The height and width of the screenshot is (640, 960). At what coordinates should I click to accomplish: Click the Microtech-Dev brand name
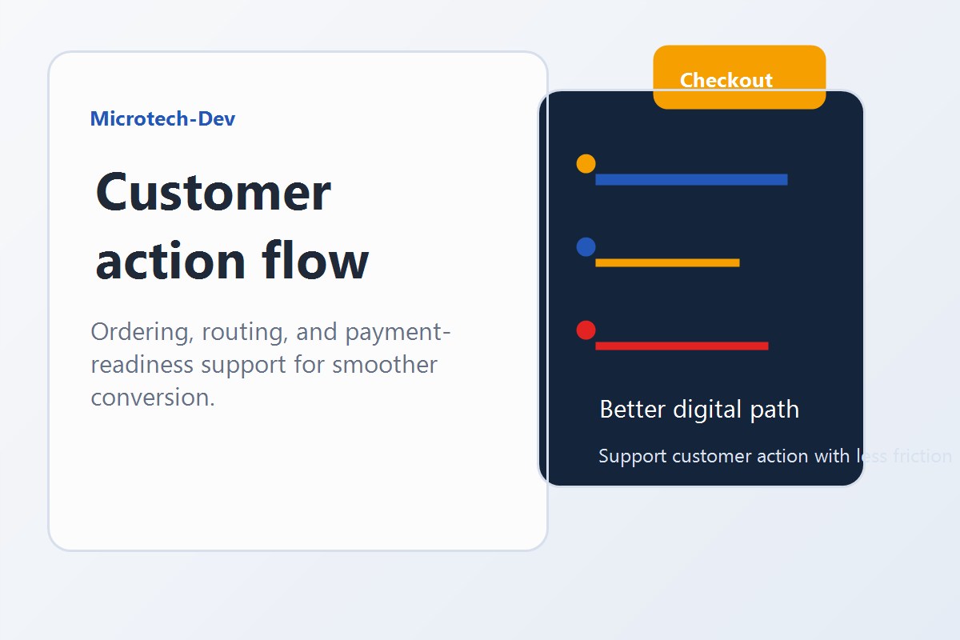pos(162,119)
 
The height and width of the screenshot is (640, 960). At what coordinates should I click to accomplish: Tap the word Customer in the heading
pos(213,192)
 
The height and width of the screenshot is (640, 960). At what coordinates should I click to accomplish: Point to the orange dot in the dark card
pos(586,163)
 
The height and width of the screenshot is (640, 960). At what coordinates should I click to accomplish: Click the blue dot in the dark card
pos(586,246)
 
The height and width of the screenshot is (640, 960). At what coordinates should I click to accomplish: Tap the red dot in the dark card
pos(586,330)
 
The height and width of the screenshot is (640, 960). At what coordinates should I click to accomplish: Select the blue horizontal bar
pos(691,179)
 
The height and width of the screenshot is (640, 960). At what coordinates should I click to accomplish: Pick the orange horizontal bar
pos(667,262)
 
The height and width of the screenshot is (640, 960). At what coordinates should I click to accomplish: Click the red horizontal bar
pos(682,346)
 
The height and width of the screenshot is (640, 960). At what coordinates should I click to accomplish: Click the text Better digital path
pos(699,410)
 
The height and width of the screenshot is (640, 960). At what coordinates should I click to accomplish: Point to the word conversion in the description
pos(152,397)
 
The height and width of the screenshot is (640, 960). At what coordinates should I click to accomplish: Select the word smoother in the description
pos(385,364)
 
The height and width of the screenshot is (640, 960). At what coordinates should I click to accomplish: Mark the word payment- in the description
pos(399,331)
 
